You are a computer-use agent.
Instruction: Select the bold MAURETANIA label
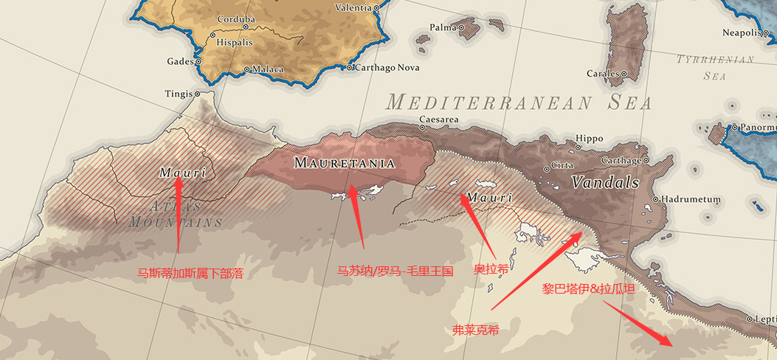click(x=345, y=162)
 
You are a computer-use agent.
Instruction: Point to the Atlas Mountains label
click(x=176, y=213)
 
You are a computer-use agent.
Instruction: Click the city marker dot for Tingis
click(x=197, y=94)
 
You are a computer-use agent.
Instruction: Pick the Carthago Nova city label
click(x=387, y=68)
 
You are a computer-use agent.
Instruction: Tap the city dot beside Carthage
click(x=646, y=160)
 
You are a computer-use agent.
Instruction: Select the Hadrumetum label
click(x=690, y=199)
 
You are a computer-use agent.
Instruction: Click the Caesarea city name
click(x=438, y=120)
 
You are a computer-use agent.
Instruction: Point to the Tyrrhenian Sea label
click(x=715, y=67)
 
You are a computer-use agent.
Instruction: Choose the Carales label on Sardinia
click(x=603, y=74)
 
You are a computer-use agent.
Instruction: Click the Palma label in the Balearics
click(x=443, y=28)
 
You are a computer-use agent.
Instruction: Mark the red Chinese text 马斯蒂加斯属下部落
click(x=190, y=274)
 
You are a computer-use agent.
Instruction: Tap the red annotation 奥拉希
click(x=491, y=269)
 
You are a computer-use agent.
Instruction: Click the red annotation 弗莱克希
click(x=476, y=330)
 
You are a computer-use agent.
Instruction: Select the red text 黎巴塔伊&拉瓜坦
click(x=587, y=289)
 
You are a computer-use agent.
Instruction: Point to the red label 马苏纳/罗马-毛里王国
click(x=395, y=271)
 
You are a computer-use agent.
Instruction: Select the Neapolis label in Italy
click(x=741, y=32)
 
